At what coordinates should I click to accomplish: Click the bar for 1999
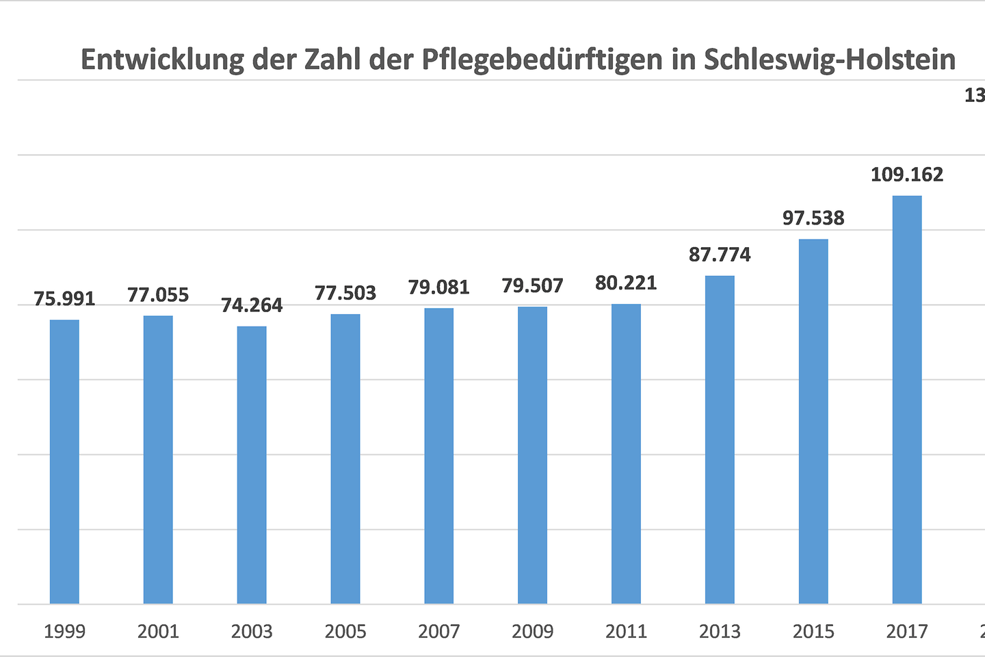coord(64,461)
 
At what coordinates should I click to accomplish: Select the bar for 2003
coord(252,465)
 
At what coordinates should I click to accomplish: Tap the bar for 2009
coord(532,455)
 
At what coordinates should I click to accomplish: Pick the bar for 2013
coord(720,439)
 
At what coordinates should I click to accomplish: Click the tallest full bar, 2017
coord(907,400)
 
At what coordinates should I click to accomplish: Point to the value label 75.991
coord(64,299)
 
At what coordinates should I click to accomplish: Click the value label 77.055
coord(158,295)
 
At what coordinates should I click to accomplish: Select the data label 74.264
coord(252,305)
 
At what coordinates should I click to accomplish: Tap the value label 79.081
coord(438,287)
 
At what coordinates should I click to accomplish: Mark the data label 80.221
coord(626,283)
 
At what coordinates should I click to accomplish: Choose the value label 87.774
coord(720,255)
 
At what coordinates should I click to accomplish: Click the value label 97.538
coord(813,218)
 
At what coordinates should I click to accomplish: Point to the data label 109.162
coord(907,175)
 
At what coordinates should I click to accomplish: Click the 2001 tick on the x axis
coord(158,631)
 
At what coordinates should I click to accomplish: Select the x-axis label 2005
coord(345,631)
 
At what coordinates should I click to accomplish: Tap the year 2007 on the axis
coord(438,631)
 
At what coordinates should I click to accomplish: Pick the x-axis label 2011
coord(626,631)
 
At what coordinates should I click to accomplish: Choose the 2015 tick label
coord(813,631)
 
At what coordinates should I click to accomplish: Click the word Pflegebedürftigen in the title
coord(542,60)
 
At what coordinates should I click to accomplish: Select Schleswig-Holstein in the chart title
coord(829,60)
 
